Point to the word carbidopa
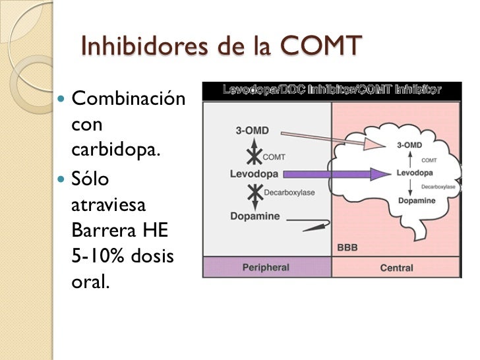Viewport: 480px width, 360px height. pyautogui.click(x=115, y=150)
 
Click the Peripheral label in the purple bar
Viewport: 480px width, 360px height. pyautogui.click(x=265, y=268)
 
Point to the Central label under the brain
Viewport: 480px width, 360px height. pyautogui.click(x=397, y=268)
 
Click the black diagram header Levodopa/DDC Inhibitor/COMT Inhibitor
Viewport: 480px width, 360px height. pyautogui.click(x=332, y=90)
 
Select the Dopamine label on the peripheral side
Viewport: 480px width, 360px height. pyautogui.click(x=255, y=216)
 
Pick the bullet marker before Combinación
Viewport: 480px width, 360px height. pyautogui.click(x=62, y=101)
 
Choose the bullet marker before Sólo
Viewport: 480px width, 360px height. pyautogui.click(x=62, y=179)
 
